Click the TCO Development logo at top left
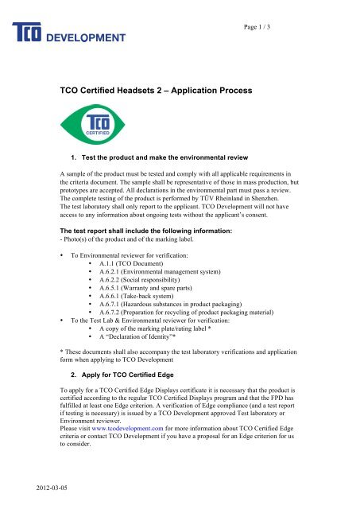[68, 33]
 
